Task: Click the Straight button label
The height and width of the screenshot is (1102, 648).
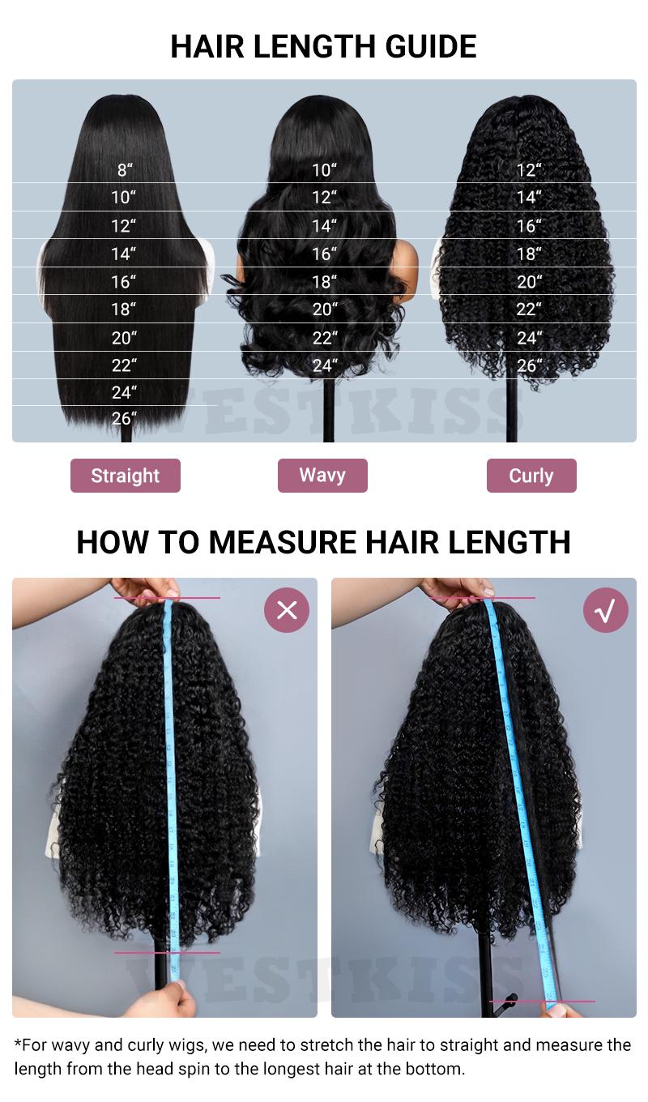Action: click(126, 476)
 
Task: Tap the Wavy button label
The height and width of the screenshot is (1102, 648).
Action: click(322, 475)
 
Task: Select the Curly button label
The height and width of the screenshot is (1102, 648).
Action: click(531, 476)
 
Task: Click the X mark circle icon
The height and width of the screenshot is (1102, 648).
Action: click(287, 609)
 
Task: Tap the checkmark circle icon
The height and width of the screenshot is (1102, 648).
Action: click(606, 609)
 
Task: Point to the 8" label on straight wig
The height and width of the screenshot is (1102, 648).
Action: click(124, 170)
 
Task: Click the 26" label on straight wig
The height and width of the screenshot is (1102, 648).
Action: click(124, 419)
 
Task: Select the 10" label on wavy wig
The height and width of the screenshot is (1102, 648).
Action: click(325, 170)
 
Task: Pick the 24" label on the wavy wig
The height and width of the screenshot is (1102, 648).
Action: click(325, 365)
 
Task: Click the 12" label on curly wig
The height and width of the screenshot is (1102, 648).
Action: click(529, 170)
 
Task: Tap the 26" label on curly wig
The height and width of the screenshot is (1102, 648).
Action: click(529, 365)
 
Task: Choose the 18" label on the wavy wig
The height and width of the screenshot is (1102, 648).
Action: click(325, 282)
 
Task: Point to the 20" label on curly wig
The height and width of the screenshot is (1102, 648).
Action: click(529, 282)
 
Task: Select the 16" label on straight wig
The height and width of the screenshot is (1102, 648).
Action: click(124, 282)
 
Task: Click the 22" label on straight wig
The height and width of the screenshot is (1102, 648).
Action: click(124, 365)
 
